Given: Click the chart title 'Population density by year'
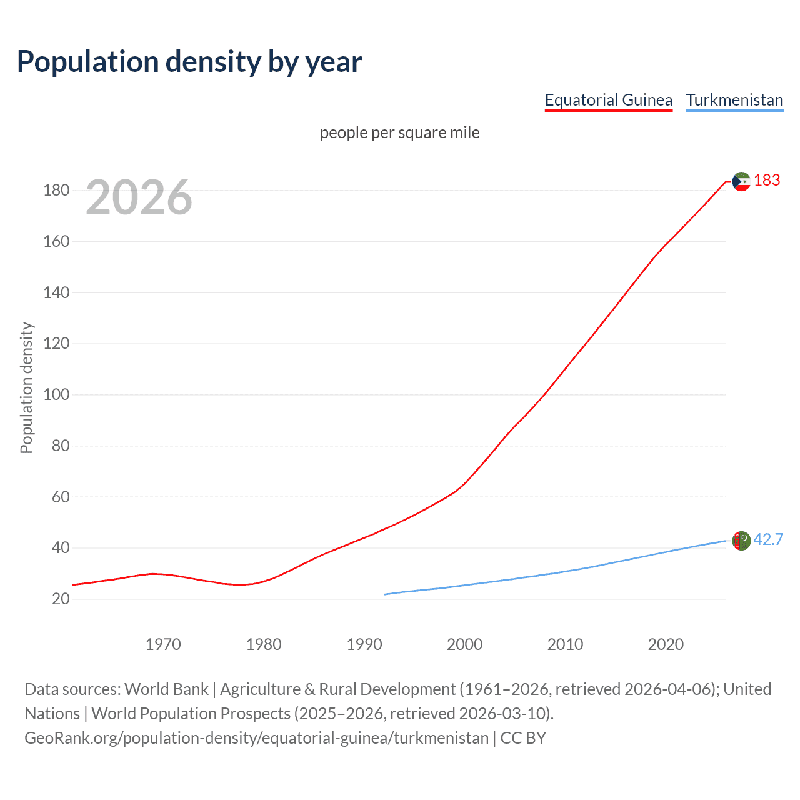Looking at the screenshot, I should coord(189,62).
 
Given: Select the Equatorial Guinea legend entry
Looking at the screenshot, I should coord(608,100).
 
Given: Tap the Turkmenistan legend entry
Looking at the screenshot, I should coord(734,100).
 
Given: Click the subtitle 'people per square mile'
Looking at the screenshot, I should coord(399,132).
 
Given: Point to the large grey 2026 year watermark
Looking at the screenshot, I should coord(139,197).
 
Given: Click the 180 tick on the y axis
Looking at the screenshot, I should coord(56,190).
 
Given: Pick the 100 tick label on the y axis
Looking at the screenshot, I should coord(56,394).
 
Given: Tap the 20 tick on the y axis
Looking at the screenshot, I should coord(61,599).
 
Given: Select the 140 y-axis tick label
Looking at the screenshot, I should coord(56,292).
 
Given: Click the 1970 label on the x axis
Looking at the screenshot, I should coord(163,644).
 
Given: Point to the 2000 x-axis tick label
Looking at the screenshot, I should coord(464,644).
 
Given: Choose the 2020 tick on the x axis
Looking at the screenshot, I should coord(666,644).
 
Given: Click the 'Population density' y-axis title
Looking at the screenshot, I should coord(26,387).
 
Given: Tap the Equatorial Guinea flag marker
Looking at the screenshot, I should coord(741,182).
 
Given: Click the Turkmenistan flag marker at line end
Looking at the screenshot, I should coord(741,541).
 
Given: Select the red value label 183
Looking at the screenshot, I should coord(767,181).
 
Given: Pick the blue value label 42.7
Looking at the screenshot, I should coord(768,539).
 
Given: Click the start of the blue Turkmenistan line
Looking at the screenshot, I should coord(385,594).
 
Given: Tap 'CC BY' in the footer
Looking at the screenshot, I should coord(523,737).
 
